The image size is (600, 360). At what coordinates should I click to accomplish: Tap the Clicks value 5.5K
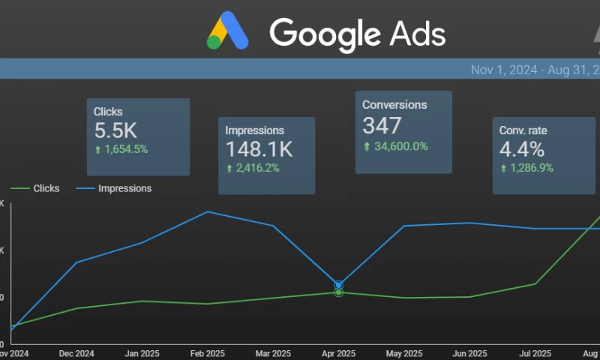pyautogui.click(x=115, y=130)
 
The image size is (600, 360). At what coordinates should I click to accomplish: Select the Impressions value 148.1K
pyautogui.click(x=259, y=148)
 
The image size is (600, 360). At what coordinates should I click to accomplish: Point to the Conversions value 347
pyautogui.click(x=382, y=125)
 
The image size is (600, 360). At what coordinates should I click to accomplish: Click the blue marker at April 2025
pyautogui.click(x=339, y=285)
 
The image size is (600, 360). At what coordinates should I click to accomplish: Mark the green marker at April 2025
pyautogui.click(x=339, y=292)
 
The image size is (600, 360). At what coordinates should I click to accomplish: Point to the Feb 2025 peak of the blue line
pyautogui.click(x=208, y=211)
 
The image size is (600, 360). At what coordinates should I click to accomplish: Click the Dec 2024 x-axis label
pyautogui.click(x=76, y=353)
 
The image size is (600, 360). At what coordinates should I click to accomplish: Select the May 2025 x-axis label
pyautogui.click(x=403, y=353)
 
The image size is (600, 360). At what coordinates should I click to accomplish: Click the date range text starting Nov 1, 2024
pyautogui.click(x=535, y=70)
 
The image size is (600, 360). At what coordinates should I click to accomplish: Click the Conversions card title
pyautogui.click(x=394, y=105)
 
